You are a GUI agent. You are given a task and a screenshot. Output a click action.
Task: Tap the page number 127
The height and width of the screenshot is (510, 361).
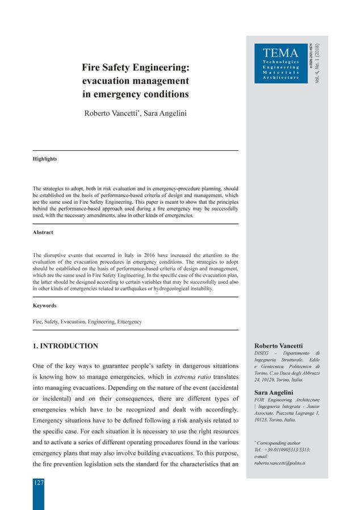coord(38,483)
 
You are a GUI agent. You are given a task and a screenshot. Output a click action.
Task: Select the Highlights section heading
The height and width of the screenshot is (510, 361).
coord(45,159)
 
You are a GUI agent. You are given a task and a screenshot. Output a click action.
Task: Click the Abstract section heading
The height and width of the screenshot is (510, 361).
coord(43,233)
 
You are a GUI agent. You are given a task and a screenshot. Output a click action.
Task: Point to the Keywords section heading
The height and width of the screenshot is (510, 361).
coord(45,306)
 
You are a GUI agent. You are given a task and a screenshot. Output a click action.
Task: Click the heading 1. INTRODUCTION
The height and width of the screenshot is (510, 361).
coord(65,346)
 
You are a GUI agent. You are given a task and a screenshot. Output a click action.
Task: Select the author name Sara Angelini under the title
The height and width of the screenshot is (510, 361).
coord(165,113)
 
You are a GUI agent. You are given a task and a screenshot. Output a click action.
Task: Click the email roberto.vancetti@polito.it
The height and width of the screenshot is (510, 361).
coord(280,463)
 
